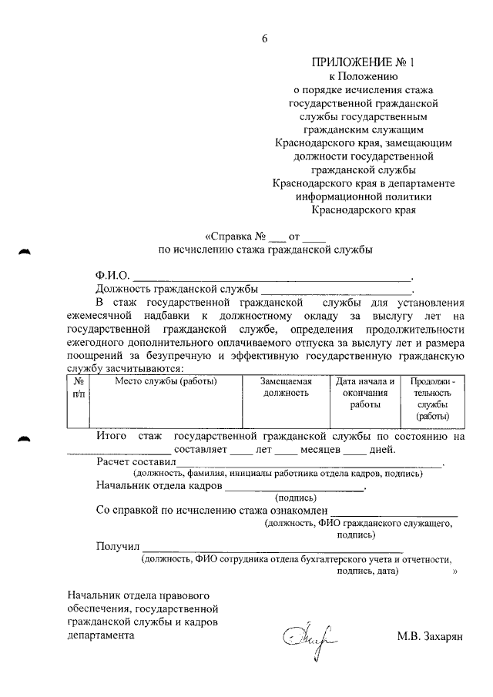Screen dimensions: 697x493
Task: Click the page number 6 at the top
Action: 264,39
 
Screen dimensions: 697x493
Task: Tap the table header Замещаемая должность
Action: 284,387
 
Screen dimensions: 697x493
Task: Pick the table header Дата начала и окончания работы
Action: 365,392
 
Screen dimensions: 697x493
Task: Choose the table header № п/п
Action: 79,387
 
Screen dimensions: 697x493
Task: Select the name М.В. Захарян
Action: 429,637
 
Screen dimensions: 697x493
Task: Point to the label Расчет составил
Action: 136,461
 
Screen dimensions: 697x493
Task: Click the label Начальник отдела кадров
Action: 159,486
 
